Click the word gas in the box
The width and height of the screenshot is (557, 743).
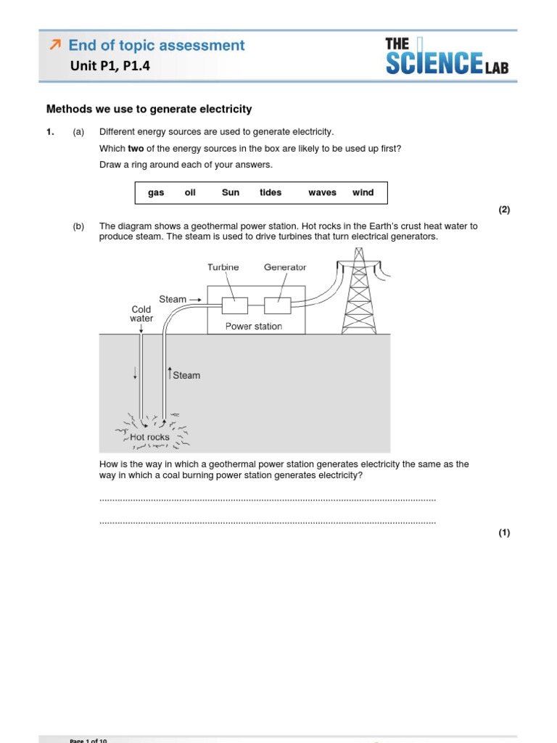[x=156, y=193]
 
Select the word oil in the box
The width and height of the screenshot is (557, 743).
[x=190, y=193]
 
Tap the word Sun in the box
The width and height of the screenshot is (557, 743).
[x=231, y=193]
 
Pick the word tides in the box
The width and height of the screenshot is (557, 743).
[x=271, y=193]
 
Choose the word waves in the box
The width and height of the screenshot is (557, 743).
[x=322, y=193]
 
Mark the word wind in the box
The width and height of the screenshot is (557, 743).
[x=363, y=193]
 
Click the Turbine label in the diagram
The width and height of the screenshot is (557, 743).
[x=223, y=267]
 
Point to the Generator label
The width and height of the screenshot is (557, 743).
[x=285, y=267]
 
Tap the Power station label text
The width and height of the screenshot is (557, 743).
[x=253, y=327]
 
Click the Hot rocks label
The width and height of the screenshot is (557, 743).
[x=149, y=438]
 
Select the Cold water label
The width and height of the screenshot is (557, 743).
[x=141, y=314]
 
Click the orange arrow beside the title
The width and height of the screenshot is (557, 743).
[x=54, y=46]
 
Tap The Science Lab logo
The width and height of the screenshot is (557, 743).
[x=447, y=57]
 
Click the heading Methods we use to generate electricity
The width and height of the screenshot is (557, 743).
[x=149, y=110]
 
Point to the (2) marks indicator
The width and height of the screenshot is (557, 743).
[x=504, y=210]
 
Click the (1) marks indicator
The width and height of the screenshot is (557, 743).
[x=504, y=533]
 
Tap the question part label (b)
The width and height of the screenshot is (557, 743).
[x=78, y=226]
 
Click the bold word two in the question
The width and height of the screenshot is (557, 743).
[x=136, y=149]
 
